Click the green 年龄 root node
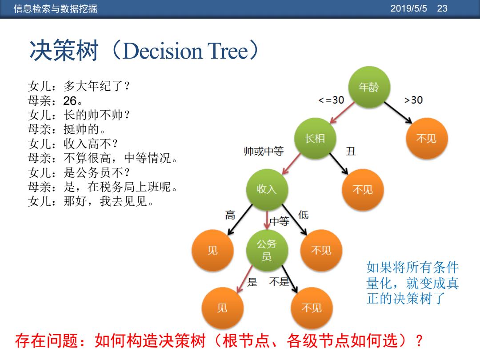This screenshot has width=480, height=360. click(369, 87)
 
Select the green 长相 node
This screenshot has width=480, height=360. click(315, 138)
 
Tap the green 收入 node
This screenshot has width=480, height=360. click(267, 189)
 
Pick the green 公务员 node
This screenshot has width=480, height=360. click(267, 250)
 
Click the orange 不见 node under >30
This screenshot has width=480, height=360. click(427, 138)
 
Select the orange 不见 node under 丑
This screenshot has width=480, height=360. click(363, 189)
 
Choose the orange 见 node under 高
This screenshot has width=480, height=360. click(213, 250)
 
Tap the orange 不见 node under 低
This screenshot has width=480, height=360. click(321, 250)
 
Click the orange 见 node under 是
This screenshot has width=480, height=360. click(223, 308)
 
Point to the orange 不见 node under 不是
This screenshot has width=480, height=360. click(312, 308)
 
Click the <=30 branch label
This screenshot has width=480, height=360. click(331, 100)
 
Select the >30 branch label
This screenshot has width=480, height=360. click(414, 100)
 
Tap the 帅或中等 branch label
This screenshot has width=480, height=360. click(264, 151)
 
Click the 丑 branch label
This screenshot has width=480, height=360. click(351, 151)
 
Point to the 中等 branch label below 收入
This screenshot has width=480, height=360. click(280, 221)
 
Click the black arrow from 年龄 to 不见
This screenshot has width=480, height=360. click(398, 112)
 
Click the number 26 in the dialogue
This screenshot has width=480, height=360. click(70, 100)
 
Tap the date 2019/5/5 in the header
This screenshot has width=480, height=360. click(409, 8)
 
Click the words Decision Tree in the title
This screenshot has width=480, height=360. click(185, 51)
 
